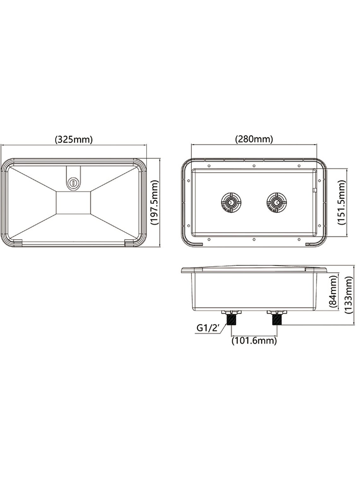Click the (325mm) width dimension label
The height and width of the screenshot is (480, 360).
(74, 139)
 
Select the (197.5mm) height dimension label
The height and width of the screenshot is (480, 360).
(154, 202)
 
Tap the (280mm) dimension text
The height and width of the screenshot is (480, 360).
(254, 139)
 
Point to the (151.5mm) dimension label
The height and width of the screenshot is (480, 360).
(342, 202)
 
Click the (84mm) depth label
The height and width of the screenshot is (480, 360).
(333, 291)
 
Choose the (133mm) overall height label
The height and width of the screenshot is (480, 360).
(349, 295)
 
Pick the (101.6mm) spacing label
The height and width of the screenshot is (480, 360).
(254, 341)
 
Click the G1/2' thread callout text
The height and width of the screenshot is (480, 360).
(208, 328)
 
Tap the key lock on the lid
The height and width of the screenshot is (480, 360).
(73, 182)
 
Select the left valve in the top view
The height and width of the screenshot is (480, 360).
(231, 202)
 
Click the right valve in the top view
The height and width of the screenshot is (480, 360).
(277, 202)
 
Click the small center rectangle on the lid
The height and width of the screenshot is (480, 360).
(73, 202)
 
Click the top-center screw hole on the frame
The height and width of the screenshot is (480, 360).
(254, 165)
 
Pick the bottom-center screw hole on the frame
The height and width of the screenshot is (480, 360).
(254, 239)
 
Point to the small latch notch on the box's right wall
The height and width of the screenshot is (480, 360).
(315, 190)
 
